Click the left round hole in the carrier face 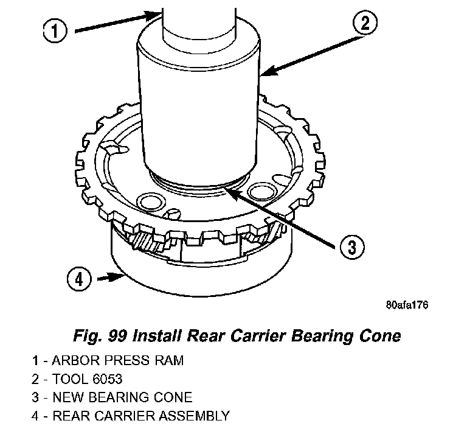pos(149,201)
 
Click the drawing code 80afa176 pos(406,306)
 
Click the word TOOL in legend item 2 pos(68,379)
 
